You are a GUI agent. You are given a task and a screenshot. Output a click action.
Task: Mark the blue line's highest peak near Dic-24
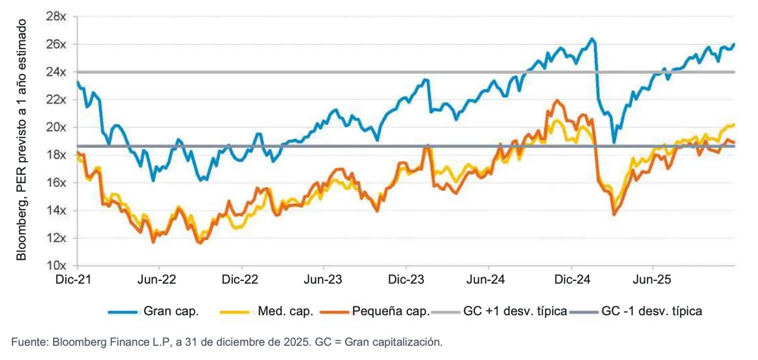591,39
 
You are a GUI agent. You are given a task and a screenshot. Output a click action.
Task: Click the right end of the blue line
734,44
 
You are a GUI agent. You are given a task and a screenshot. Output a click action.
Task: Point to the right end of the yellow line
734,124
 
